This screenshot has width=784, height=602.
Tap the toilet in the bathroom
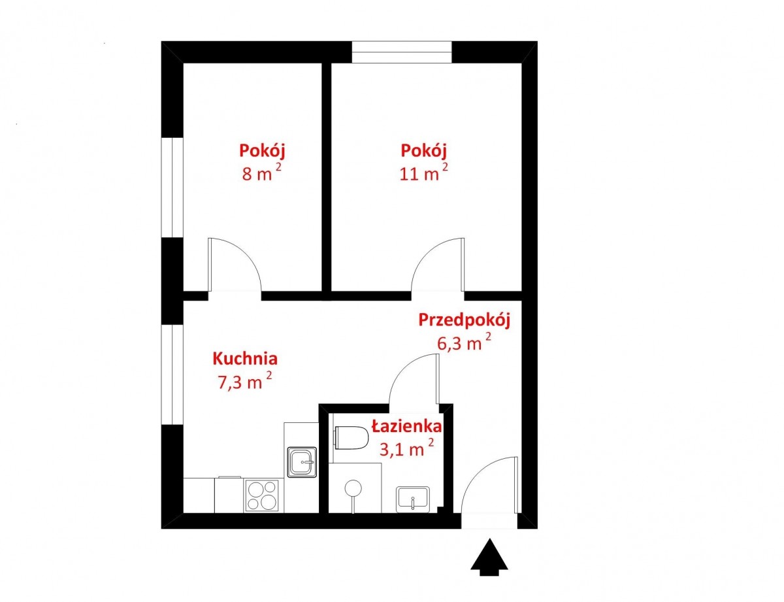pyautogui.click(x=351, y=438)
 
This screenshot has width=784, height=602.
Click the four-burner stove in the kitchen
pyautogui.click(x=262, y=495)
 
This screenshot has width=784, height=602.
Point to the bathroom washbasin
pyautogui.click(x=413, y=499)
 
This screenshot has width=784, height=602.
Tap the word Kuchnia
pyautogui.click(x=245, y=359)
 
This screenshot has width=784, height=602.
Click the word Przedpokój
pyautogui.click(x=465, y=320)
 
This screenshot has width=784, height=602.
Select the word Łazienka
pyautogui.click(x=406, y=426)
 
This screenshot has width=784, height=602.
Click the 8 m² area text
pyautogui.click(x=261, y=172)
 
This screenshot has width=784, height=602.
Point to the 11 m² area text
pyautogui.click(x=424, y=172)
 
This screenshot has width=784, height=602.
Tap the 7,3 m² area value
pyautogui.click(x=244, y=380)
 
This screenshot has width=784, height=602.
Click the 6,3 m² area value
pyautogui.click(x=464, y=341)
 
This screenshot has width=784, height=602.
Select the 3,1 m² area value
pyautogui.click(x=406, y=448)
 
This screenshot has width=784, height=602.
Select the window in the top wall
pyautogui.click(x=402, y=52)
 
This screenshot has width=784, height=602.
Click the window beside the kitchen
pyautogui.click(x=172, y=375)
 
